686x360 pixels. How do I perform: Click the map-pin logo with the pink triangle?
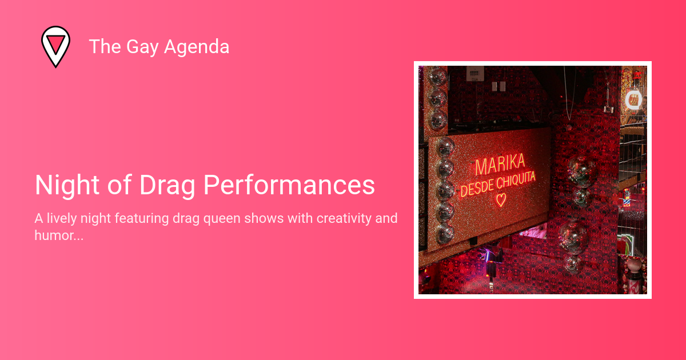pos(56,46)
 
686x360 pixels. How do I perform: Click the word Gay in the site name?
pos(142,47)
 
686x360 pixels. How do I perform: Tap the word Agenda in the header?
pos(197,47)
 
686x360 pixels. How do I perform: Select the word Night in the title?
pos(67,186)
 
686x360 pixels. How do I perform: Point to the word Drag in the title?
pos(167,186)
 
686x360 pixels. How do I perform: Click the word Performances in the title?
pos(289,185)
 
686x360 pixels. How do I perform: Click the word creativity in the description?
pos(344,218)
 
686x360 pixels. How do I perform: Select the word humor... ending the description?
pos(59,235)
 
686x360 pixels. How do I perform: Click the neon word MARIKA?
pos(500,165)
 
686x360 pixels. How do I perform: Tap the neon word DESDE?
pos(477,187)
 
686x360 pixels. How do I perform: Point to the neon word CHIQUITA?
pos(516,179)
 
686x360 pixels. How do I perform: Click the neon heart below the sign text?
pos(501,200)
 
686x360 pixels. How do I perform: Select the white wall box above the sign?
pos(475,74)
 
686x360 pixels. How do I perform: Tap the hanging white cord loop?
pos(569,93)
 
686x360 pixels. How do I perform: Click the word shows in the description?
pos(264,218)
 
